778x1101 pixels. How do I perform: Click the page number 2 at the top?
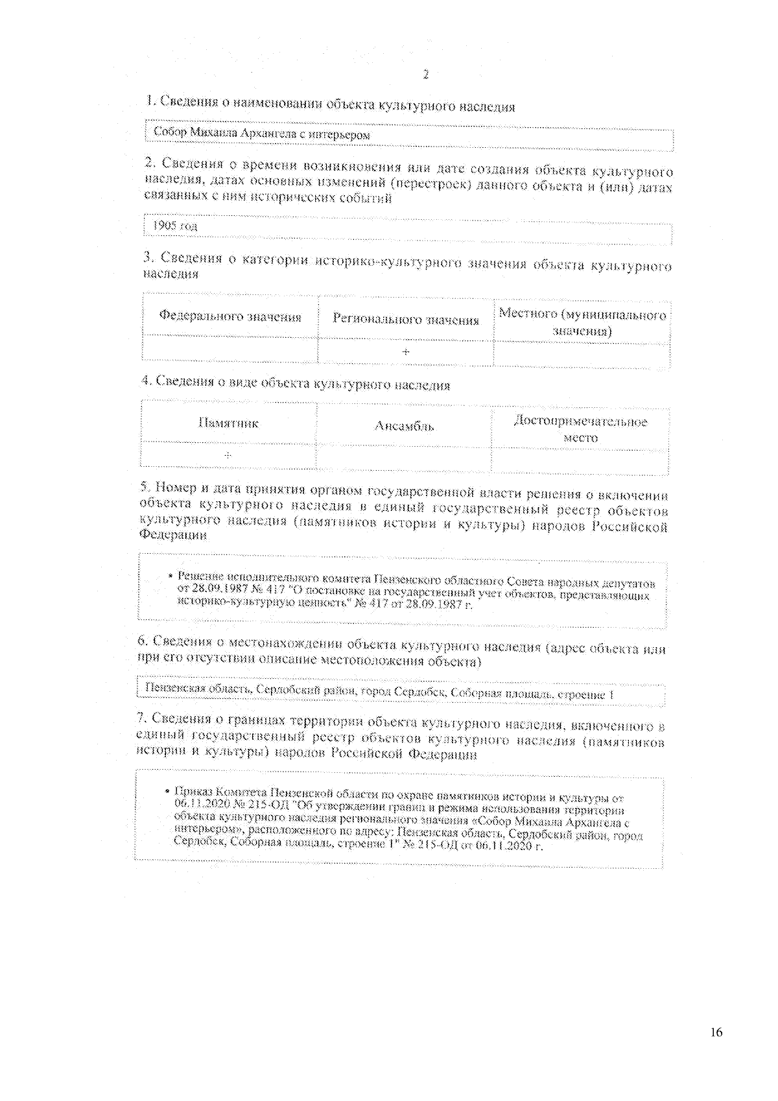click(426, 75)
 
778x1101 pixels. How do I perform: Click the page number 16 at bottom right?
click(716, 1033)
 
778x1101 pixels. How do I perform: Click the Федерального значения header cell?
click(230, 316)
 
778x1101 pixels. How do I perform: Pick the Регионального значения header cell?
click(406, 319)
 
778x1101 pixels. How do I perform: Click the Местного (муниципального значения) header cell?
click(582, 322)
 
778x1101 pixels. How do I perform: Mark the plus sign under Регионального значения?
click(406, 352)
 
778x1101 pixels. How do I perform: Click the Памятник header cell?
click(228, 423)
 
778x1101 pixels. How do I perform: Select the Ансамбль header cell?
click(404, 426)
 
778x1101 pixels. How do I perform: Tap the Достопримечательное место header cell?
click(580, 429)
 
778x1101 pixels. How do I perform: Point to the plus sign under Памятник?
click(228, 455)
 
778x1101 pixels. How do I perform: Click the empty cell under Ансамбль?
click(403, 458)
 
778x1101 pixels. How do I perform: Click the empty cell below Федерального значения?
click(230, 348)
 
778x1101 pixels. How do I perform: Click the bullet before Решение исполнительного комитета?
click(171, 576)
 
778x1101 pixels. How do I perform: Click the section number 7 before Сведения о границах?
click(140, 718)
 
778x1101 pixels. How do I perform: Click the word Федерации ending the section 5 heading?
click(174, 536)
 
